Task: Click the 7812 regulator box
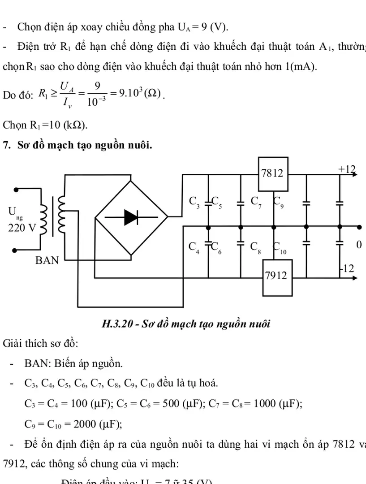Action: click(272, 173)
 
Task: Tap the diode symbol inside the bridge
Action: click(130, 218)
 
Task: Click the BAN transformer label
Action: click(47, 260)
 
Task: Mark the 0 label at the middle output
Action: click(358, 245)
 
